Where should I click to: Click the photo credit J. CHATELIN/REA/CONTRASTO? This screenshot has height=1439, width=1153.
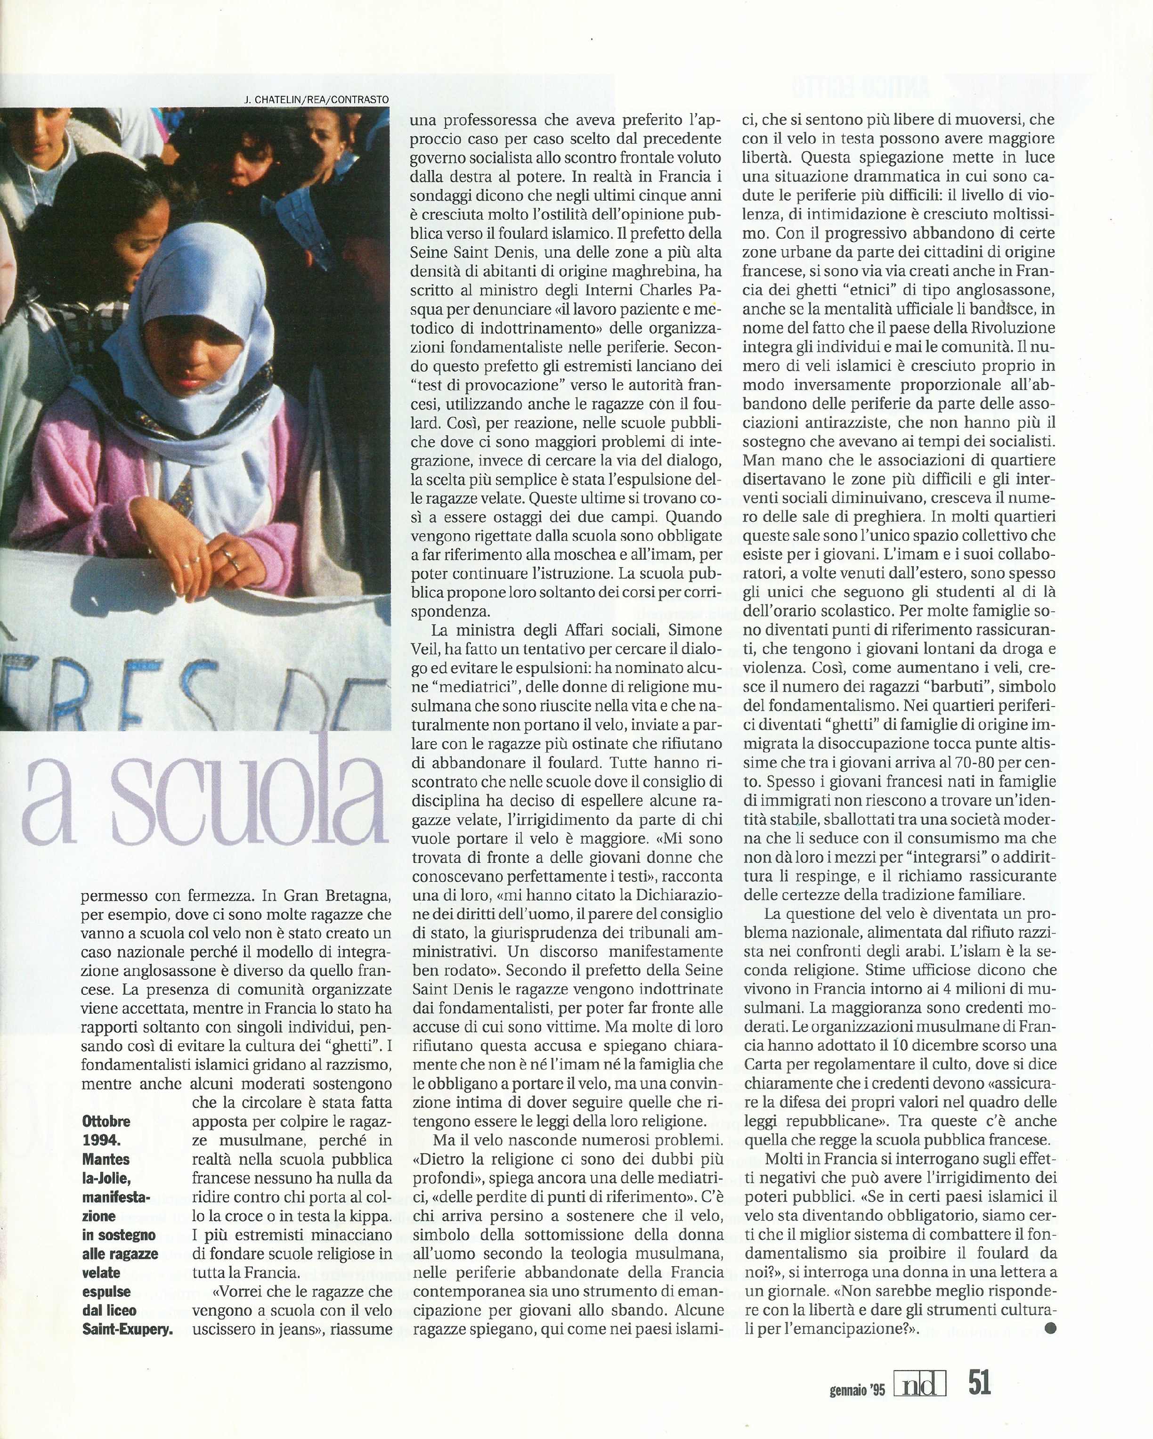tap(317, 99)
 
